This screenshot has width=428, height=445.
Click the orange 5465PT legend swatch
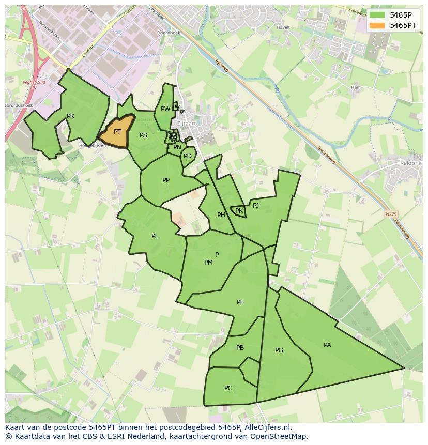tap(377, 25)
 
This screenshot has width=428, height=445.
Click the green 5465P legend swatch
tap(377, 15)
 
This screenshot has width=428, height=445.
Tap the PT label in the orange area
tap(117, 132)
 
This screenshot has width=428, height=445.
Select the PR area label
tap(71, 116)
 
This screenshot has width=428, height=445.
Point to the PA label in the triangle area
tap(327, 345)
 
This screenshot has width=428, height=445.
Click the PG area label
tap(279, 350)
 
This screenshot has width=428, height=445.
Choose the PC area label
tap(228, 388)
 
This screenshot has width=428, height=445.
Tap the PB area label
tap(240, 348)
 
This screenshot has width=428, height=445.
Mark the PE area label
tap(240, 302)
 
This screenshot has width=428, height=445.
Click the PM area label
tap(208, 263)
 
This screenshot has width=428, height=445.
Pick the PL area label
tap(155, 236)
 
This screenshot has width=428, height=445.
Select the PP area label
tap(166, 180)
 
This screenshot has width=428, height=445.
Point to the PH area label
tap(221, 215)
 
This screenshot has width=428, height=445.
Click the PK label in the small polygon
tap(239, 211)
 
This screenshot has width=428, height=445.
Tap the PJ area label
tap(256, 205)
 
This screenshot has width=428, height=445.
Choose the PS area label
tap(144, 135)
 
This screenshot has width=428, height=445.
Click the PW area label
tap(165, 109)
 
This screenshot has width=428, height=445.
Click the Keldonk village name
tap(411, 163)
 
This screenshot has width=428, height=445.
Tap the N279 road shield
tap(391, 213)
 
